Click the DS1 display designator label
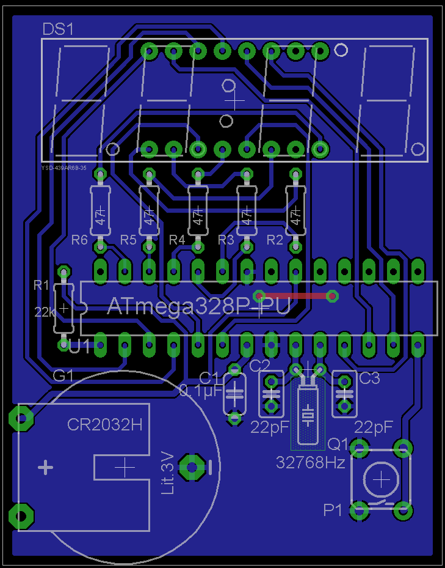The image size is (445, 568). (x=58, y=29)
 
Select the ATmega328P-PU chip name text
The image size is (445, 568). (x=198, y=306)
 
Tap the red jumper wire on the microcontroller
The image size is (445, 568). (x=296, y=296)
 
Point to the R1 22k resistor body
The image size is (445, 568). (x=63, y=308)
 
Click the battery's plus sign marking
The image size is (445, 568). (x=45, y=468)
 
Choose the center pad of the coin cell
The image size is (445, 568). (x=192, y=468)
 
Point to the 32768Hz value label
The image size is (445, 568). (x=311, y=462)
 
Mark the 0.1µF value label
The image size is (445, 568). (x=201, y=391)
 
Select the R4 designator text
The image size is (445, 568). (x=177, y=240)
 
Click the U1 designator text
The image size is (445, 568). (x=80, y=347)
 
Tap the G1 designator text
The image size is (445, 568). (x=63, y=375)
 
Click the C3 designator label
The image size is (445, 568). (x=369, y=378)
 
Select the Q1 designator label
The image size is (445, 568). (x=338, y=443)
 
